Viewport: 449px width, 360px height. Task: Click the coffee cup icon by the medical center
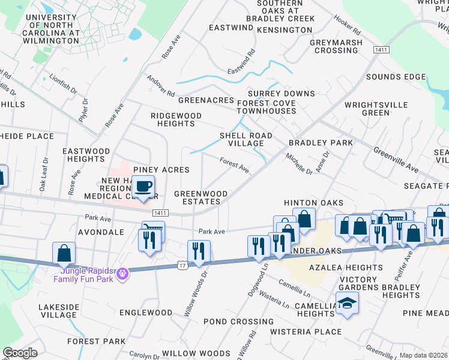point(144,187)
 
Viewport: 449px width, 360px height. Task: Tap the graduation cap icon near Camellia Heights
point(346,304)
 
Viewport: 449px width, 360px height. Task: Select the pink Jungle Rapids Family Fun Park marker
point(122,274)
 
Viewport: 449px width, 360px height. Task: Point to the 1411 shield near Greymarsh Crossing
point(379,49)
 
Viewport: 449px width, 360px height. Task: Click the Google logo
point(20,353)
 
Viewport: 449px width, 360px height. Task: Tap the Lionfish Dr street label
point(64,85)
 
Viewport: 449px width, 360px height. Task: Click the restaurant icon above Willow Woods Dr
point(199,251)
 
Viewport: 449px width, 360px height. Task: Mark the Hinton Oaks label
point(313,203)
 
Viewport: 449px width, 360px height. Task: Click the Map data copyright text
point(423,355)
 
